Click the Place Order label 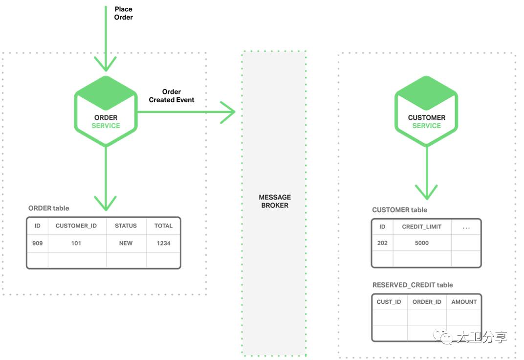coord(123,13)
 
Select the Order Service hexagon coord(106,112)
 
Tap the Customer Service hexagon coord(426,112)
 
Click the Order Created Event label coord(172,95)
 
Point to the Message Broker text coord(275,201)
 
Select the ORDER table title coord(49,208)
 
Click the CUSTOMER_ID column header coord(76,226)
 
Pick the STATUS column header coord(126,226)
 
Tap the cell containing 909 coord(38,244)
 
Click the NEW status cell coord(126,244)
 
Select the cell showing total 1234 coord(164,244)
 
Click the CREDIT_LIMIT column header coord(422,226)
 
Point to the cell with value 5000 coord(422,243)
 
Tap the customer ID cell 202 coord(382,243)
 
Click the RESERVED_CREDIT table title coord(413,285)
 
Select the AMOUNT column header coord(464,302)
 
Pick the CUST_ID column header coord(389,302)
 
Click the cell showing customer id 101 coord(76,244)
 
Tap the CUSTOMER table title coord(400,210)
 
